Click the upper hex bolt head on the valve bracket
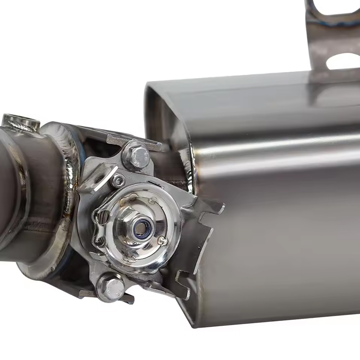pyautogui.click(x=136, y=156)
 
